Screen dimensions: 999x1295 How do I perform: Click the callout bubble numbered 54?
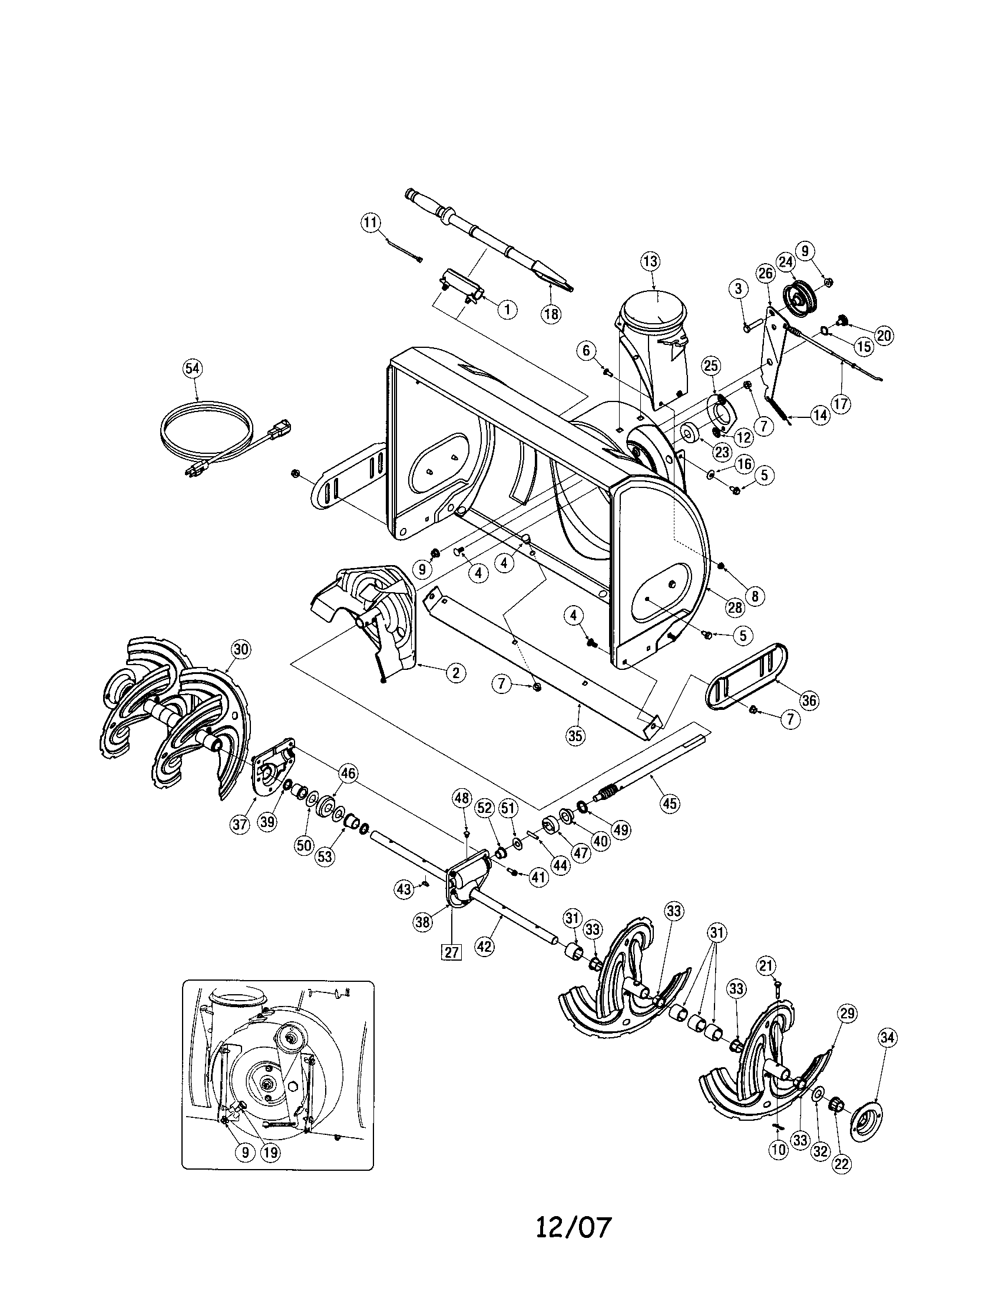coord(192,369)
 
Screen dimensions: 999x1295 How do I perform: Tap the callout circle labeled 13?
coord(650,261)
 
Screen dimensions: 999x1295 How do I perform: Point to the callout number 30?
coord(240,650)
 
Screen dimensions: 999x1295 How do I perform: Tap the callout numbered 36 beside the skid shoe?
coord(809,700)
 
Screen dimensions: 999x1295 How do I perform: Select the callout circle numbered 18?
coord(551,314)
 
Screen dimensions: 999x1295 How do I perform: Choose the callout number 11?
coord(370,223)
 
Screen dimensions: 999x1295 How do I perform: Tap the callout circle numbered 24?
coord(785,261)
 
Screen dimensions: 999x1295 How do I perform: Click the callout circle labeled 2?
coord(455,672)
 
